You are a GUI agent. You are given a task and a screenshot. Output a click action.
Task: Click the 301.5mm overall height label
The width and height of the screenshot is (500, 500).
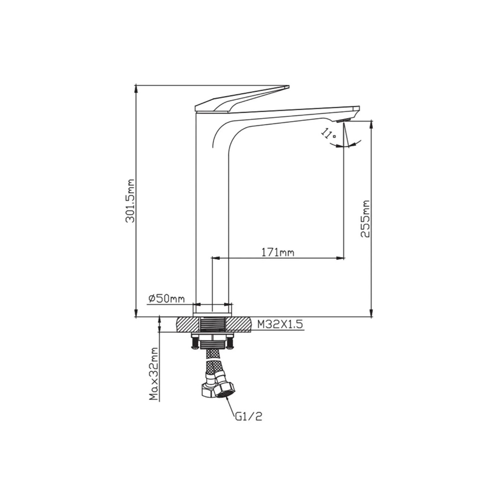pyautogui.click(x=130, y=200)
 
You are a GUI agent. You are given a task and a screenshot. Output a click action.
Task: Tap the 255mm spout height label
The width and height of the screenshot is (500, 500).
pyautogui.click(x=365, y=218)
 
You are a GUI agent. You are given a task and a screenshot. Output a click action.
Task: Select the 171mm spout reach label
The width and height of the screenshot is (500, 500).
pyautogui.click(x=277, y=252)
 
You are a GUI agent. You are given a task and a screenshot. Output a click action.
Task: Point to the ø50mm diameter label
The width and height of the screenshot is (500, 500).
pyautogui.click(x=167, y=299)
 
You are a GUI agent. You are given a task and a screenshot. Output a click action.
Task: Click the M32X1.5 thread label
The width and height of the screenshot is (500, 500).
pyautogui.click(x=280, y=324)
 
